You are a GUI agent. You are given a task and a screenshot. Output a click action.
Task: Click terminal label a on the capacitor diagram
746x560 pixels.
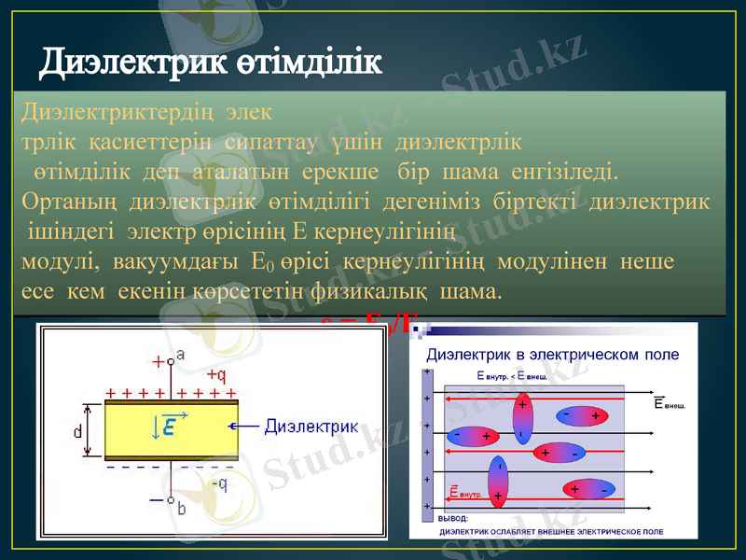(x=180, y=354)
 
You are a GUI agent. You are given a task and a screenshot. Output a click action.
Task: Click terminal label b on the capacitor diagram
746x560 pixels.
(x=182, y=508)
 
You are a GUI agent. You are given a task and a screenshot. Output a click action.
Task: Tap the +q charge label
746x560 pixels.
(x=215, y=374)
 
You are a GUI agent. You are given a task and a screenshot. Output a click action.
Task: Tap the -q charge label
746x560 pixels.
(x=218, y=483)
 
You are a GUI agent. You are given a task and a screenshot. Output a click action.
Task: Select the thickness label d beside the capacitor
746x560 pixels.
(x=77, y=431)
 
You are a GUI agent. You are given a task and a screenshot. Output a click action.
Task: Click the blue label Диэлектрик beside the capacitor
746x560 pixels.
(x=311, y=427)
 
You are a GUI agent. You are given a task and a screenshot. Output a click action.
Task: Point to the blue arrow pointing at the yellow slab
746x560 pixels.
(x=247, y=427)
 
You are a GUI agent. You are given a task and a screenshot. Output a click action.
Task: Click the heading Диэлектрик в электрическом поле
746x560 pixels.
(x=552, y=355)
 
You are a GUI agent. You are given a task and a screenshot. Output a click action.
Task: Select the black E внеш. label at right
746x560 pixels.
(x=670, y=403)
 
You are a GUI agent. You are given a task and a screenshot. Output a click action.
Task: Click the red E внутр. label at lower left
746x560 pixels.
(x=465, y=491)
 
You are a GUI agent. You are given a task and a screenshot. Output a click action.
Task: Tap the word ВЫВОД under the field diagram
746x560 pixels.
(x=453, y=519)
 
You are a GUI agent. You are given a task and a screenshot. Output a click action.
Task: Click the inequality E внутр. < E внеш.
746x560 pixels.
(x=510, y=376)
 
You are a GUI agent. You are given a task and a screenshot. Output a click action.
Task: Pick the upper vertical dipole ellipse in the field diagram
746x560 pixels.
(x=522, y=417)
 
